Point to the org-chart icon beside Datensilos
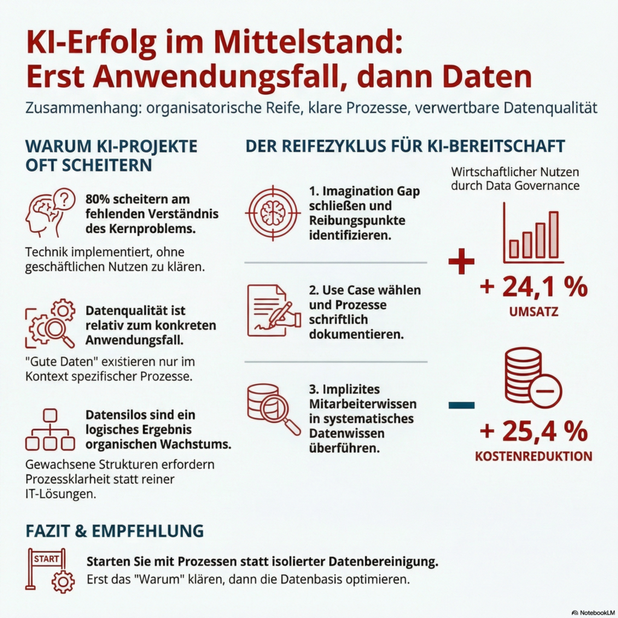[x=50, y=430]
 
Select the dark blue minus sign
[x=461, y=405]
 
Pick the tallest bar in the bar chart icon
[x=553, y=234]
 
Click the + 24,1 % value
[x=534, y=287]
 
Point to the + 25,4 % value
[x=534, y=431]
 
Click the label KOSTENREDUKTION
[x=534, y=456]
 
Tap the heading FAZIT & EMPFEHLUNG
[x=114, y=530]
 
